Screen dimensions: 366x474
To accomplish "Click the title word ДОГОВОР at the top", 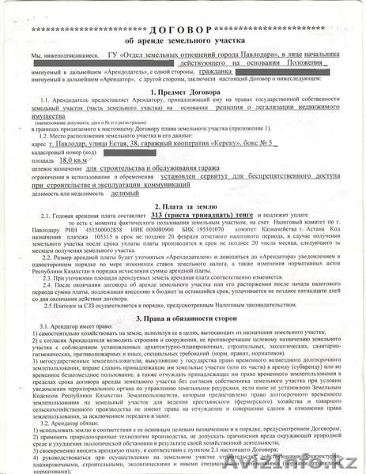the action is pyautogui.click(x=184, y=28).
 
